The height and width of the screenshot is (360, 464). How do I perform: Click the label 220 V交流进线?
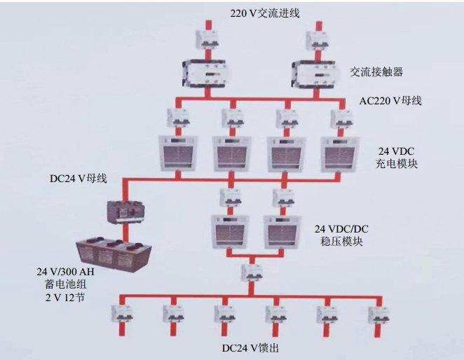261,12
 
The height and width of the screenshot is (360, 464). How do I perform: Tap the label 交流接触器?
376,72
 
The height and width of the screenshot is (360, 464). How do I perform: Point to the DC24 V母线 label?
79,178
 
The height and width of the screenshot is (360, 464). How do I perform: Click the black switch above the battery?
124,211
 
